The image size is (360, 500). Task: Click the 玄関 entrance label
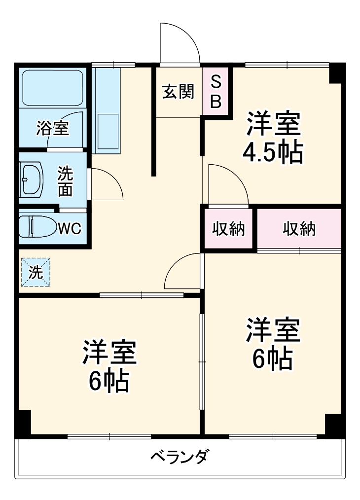click(178, 92)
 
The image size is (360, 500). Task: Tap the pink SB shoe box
click(216, 92)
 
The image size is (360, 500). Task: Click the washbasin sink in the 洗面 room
click(32, 179)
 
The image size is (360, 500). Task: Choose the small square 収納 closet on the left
click(228, 229)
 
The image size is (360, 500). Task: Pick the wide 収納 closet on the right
click(299, 229)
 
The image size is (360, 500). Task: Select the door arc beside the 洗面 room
click(107, 184)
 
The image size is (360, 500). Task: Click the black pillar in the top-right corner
click(336, 72)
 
